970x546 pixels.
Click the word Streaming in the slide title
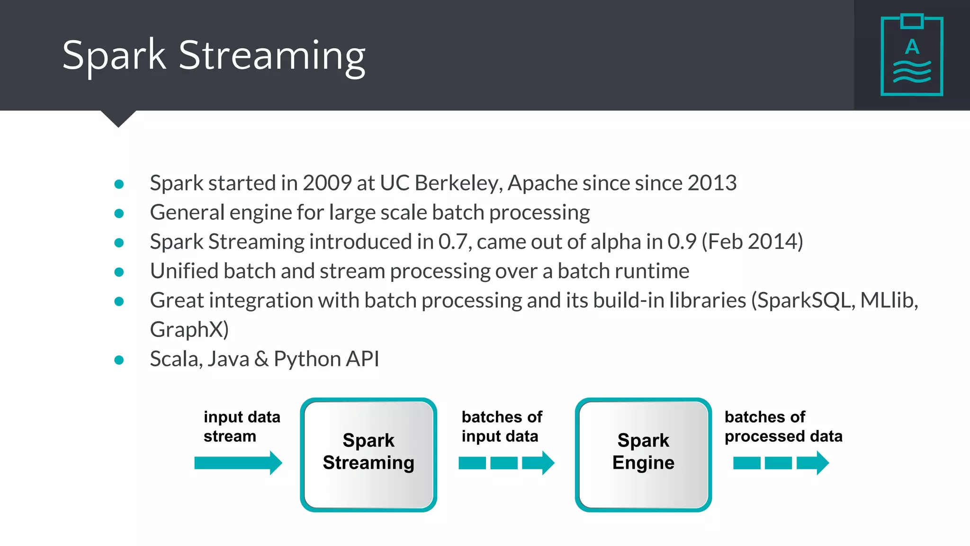272,56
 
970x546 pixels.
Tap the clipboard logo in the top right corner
912,55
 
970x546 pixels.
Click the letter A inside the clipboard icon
912,47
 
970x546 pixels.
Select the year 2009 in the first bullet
327,183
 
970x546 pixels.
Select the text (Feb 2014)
752,242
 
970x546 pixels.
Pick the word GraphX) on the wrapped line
189,329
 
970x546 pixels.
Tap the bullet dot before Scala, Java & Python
119,360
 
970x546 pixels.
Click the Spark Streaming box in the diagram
368,454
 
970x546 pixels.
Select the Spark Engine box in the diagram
643,454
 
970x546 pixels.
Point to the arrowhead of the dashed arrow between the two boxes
547,463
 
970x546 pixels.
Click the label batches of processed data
783,427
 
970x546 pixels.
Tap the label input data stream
242,427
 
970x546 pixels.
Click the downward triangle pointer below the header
118,118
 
